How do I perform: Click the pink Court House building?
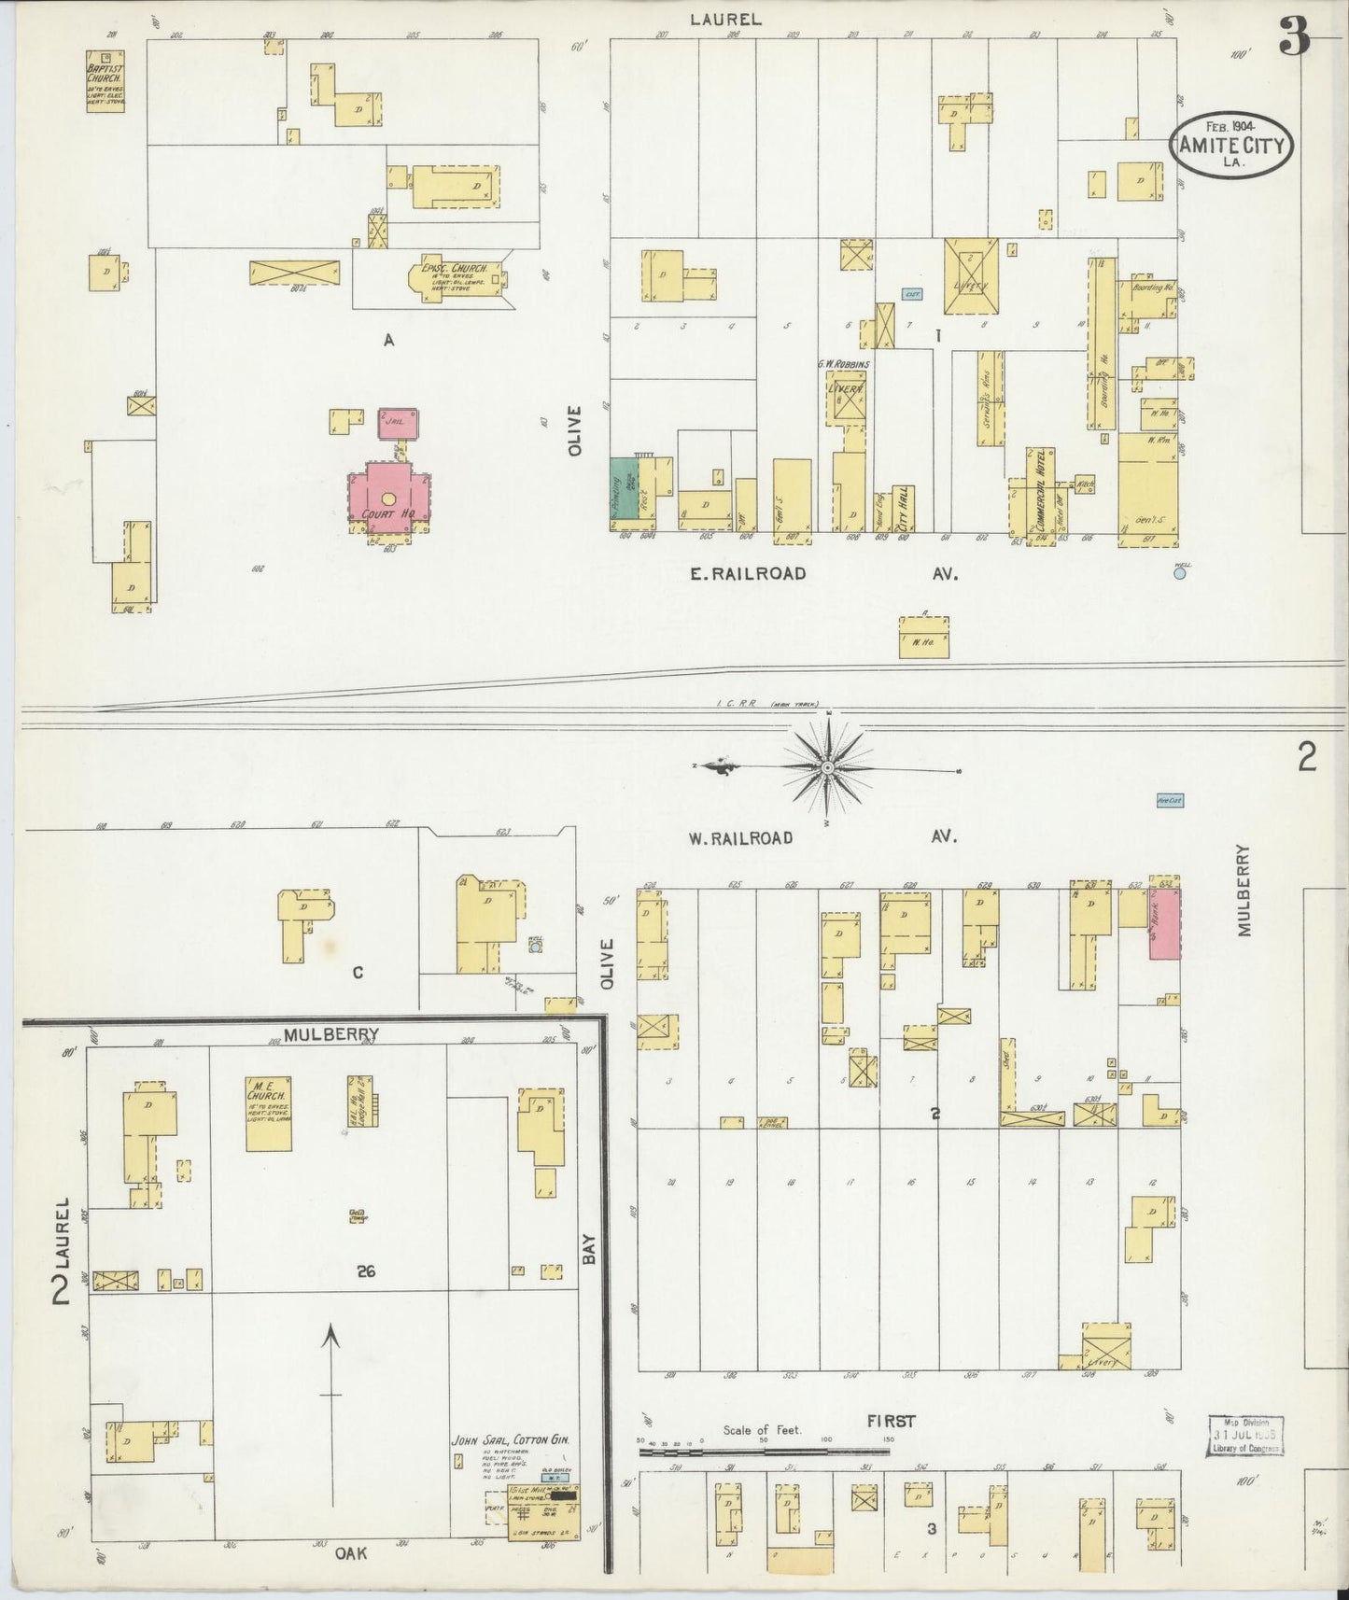click(x=388, y=499)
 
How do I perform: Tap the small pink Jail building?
click(x=399, y=423)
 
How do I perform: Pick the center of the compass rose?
click(x=827, y=767)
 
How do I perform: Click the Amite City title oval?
click(x=1232, y=145)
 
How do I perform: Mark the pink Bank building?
click(x=1164, y=922)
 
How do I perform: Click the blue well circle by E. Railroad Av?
click(x=1179, y=574)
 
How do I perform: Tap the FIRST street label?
click(x=891, y=1421)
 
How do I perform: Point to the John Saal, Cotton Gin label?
click(x=512, y=1439)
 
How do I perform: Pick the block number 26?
click(x=366, y=1270)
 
